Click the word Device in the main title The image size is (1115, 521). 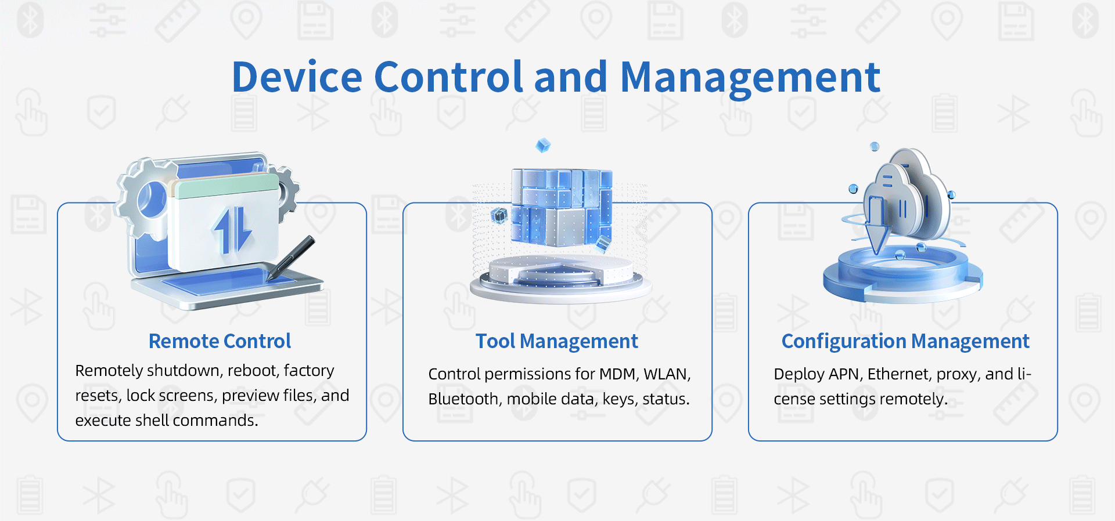(297, 77)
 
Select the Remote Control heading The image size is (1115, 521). (220, 341)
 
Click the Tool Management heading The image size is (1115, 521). (557, 342)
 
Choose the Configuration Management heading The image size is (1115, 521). (905, 342)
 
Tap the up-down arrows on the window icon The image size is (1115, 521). (232, 230)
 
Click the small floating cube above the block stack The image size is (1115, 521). (543, 145)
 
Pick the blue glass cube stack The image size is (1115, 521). (562, 207)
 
